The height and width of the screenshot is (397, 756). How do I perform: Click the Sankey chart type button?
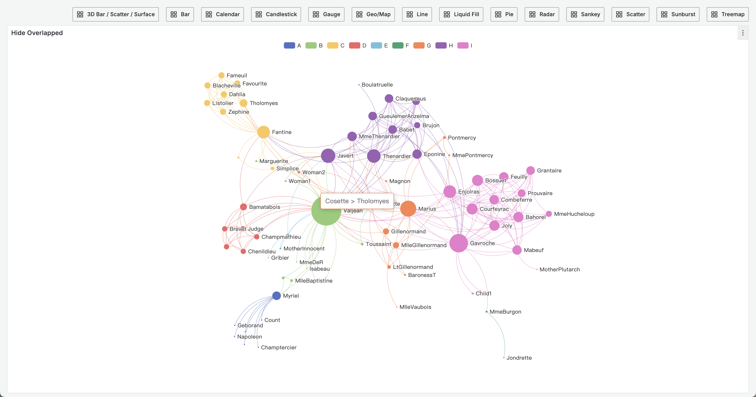[585, 14]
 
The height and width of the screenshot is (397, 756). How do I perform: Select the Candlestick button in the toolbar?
[276, 14]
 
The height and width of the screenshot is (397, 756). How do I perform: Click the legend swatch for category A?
[289, 45]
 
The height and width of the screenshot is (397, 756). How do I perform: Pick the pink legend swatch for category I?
[463, 45]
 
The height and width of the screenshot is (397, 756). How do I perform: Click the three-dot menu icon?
[742, 33]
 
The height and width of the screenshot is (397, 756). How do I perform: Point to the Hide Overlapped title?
[37, 33]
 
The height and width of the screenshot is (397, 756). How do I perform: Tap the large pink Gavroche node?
[458, 243]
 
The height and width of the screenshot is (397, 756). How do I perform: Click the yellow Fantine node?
[263, 132]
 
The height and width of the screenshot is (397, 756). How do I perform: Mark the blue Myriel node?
[277, 296]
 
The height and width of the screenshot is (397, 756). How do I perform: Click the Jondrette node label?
[519, 358]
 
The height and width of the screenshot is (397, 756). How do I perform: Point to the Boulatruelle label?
[377, 85]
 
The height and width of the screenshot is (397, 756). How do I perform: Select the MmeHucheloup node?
[549, 214]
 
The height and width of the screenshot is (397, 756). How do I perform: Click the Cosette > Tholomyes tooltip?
[357, 201]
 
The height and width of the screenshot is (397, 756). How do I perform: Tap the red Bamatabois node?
[243, 207]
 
